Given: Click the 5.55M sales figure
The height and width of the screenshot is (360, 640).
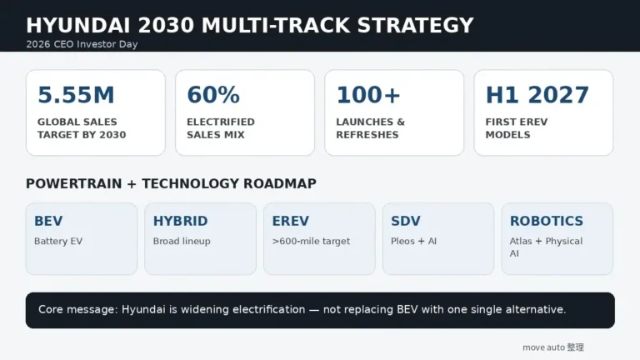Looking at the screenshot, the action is tap(76, 95).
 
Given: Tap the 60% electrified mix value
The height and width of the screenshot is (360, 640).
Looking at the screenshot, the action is tap(213, 95).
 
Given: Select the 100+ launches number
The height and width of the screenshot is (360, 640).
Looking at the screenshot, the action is tap(368, 95).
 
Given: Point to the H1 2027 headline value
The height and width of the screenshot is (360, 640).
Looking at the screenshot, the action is tap(537, 95).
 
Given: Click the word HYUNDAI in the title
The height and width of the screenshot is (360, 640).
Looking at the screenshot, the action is tap(78, 25).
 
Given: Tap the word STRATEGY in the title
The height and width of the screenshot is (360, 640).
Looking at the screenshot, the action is tap(415, 25).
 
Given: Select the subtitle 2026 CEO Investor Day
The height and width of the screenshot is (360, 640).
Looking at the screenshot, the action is tap(82, 44).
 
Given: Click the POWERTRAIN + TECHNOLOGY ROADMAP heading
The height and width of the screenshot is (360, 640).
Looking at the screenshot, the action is tap(171, 183).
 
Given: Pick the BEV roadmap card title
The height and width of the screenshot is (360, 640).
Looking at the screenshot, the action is tap(48, 221).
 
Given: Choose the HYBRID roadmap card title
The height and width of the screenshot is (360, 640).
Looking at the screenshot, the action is tap(180, 221).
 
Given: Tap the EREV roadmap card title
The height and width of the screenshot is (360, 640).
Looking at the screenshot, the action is tap(291, 221).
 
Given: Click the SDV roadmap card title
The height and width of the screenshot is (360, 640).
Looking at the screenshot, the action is tap(405, 221).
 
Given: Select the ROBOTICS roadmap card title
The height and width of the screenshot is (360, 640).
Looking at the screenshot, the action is tap(547, 221).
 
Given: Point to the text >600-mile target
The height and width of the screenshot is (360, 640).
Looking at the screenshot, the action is tap(311, 241).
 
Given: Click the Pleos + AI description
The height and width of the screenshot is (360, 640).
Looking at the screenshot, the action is tap(414, 241).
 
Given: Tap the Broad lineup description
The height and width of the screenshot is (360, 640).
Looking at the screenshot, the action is tap(182, 241).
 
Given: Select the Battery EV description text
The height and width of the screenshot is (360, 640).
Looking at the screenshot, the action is tap(58, 241).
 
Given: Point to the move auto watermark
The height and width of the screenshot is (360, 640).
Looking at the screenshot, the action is tap(553, 347).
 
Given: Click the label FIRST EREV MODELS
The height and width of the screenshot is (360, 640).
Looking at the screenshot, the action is tap(517, 128).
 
